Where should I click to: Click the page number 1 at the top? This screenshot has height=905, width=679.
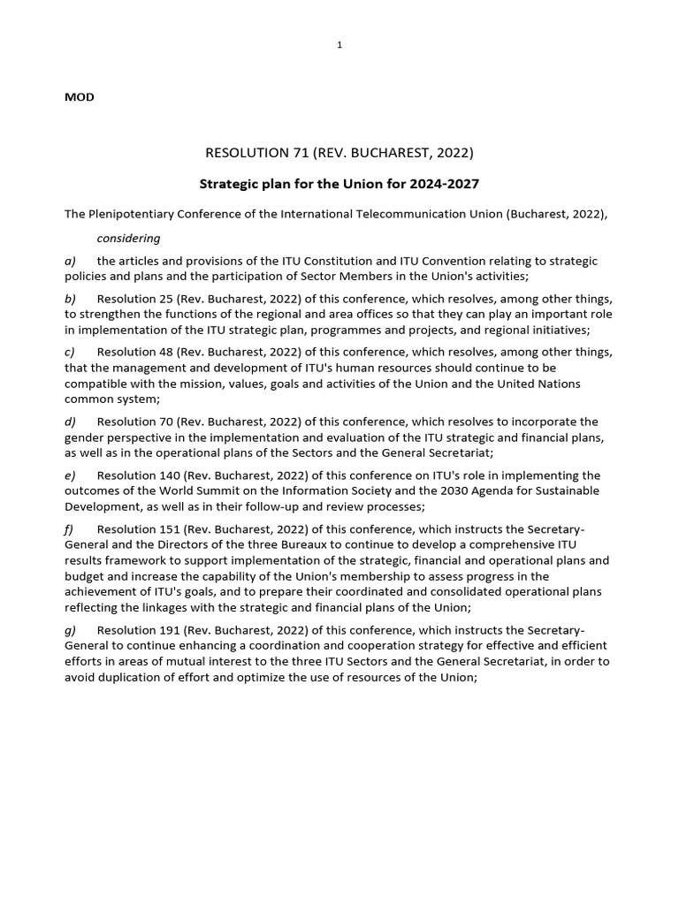[x=339, y=46]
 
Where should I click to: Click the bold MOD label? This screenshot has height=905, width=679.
[x=80, y=97]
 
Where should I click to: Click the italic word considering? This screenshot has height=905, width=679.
[x=128, y=238]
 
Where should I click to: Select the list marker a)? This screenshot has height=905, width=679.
[x=70, y=261]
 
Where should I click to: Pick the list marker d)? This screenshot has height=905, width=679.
[x=70, y=422]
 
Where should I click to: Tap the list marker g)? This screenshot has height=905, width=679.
[x=70, y=630]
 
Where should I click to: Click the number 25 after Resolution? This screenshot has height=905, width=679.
[x=162, y=299]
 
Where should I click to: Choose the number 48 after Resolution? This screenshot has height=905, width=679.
[x=162, y=352]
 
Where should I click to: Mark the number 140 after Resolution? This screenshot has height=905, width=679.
[x=165, y=475]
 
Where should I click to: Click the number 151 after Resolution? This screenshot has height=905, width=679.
[x=165, y=529]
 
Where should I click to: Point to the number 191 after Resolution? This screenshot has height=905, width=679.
[x=165, y=630]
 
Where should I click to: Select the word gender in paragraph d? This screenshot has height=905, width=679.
[x=84, y=437]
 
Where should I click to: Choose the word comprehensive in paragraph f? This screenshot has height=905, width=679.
[x=504, y=544]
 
